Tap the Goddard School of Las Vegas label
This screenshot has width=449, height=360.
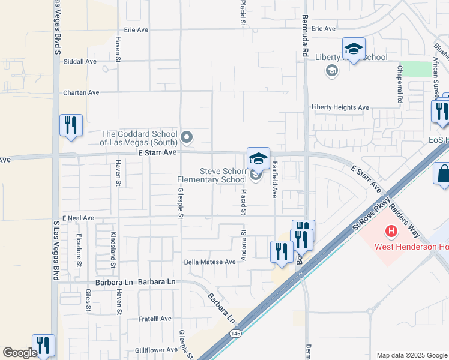(139, 138)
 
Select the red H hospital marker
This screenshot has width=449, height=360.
(391, 230)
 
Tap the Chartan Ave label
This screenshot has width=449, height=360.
(81, 93)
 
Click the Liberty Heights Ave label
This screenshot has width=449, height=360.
(340, 107)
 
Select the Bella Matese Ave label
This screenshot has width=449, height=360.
(209, 262)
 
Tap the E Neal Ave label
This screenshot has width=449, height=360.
(78, 218)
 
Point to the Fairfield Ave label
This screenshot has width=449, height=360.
(274, 183)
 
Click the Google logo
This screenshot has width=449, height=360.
(20, 353)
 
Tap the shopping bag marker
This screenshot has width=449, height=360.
(442, 175)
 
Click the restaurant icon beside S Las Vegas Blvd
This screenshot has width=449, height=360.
(71, 125)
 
